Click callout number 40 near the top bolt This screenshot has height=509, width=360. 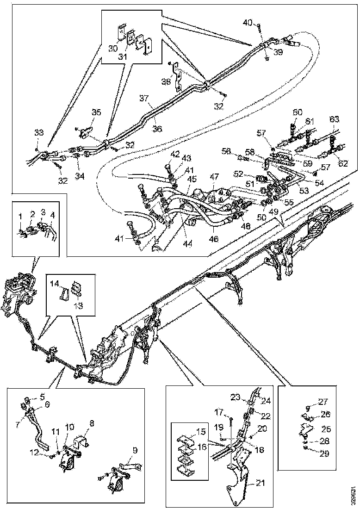click(x=248, y=22)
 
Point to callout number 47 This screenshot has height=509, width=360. click(x=214, y=177)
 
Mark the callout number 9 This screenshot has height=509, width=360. click(x=135, y=450)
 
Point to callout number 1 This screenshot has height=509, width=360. click(x=20, y=217)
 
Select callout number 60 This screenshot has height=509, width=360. click(x=297, y=112)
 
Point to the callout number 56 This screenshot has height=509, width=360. click(x=226, y=151)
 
